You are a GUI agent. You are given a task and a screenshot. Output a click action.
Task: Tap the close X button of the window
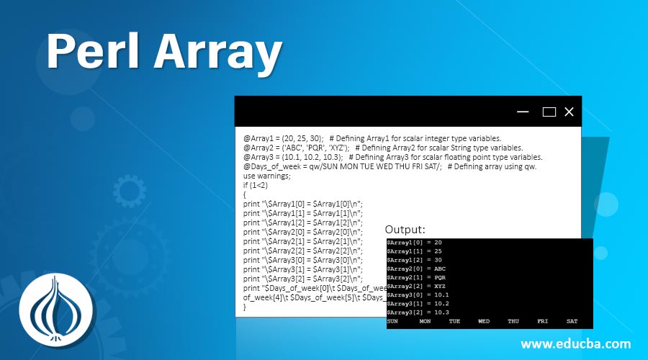click(x=569, y=112)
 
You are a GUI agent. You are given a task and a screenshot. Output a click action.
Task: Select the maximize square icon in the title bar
click(x=549, y=112)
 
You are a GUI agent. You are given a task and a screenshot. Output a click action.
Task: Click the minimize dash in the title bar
click(x=523, y=112)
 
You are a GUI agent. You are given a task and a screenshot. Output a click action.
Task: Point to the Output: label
click(x=405, y=230)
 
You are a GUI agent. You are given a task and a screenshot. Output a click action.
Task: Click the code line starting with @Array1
click(x=372, y=138)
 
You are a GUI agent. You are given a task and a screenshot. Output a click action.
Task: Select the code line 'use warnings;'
click(x=267, y=176)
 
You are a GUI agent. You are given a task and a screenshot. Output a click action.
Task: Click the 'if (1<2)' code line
click(x=258, y=185)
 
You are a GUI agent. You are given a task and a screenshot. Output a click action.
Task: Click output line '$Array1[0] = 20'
click(x=414, y=243)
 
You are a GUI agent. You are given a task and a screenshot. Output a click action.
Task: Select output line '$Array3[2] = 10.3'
click(x=418, y=312)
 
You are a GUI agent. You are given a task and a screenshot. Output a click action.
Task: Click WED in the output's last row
click(x=484, y=321)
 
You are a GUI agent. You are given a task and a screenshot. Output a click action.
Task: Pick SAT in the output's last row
click(x=572, y=321)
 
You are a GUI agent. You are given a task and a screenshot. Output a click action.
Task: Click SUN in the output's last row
click(x=392, y=321)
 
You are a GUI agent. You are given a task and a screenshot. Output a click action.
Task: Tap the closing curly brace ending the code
click(x=245, y=307)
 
